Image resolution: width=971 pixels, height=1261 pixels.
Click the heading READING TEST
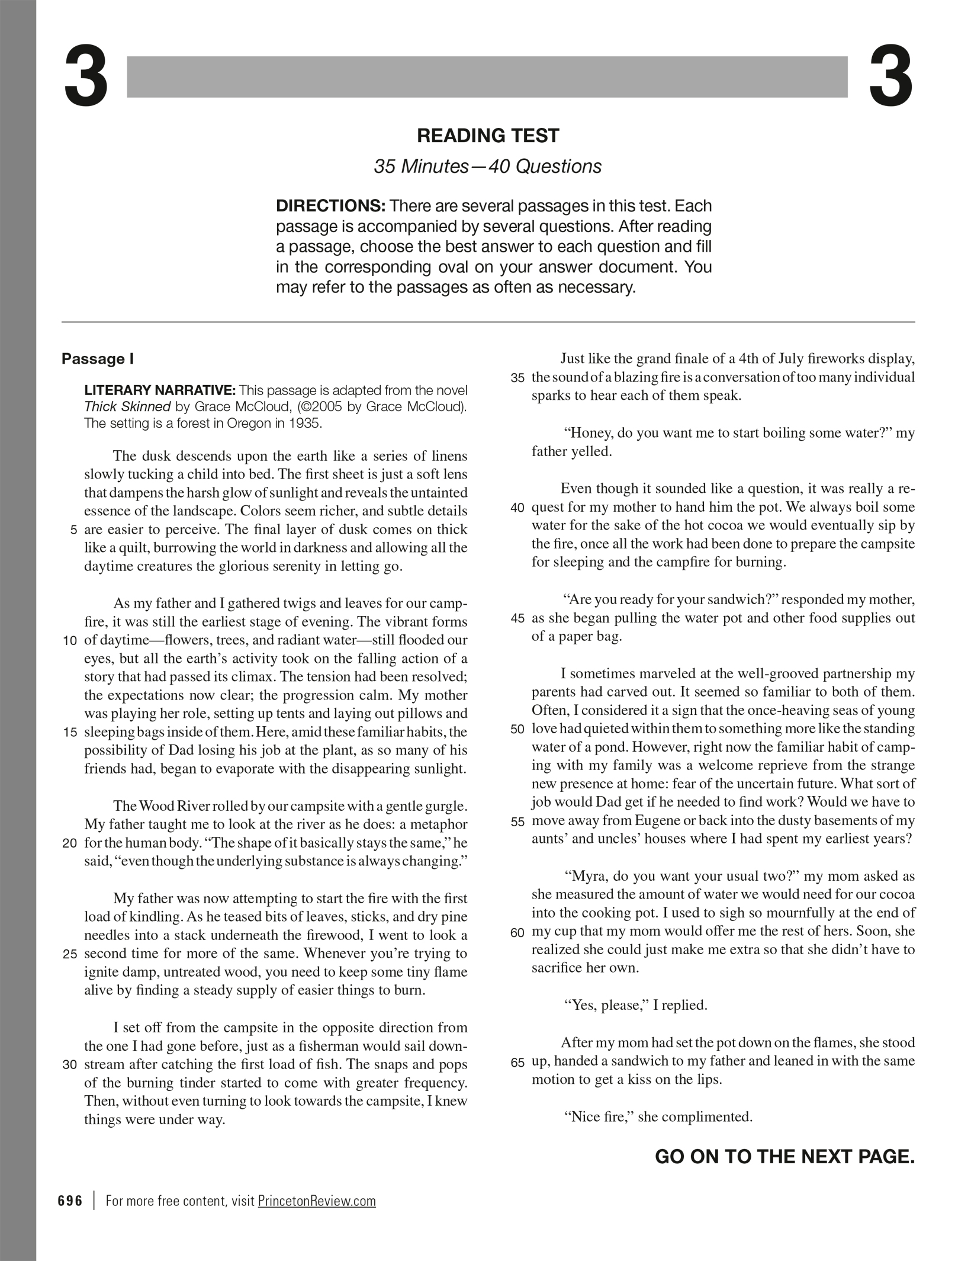pos(487,136)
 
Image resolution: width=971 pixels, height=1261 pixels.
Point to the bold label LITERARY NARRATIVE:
pos(160,391)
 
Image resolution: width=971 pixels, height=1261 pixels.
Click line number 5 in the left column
pos(73,530)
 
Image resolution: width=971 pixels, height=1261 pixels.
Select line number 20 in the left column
pos(69,843)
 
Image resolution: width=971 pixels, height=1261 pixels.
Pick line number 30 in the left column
pos(69,1064)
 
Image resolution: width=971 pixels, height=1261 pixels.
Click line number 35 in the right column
pos(517,378)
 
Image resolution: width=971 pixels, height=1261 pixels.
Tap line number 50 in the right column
pos(517,729)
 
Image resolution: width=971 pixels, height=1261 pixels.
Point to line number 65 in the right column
pos(517,1063)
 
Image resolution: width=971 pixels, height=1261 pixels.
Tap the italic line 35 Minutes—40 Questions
pos(487,166)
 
